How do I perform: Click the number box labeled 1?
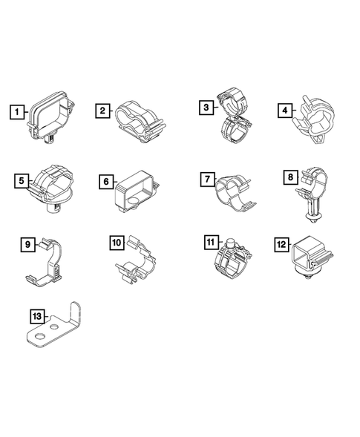17,113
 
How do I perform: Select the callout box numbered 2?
102,111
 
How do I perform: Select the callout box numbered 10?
117,243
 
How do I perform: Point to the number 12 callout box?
281,243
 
